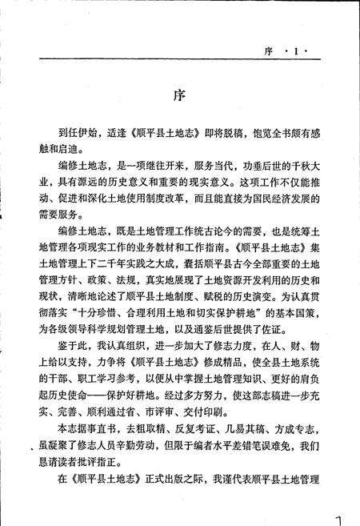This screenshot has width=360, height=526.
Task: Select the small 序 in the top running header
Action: click(269, 53)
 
